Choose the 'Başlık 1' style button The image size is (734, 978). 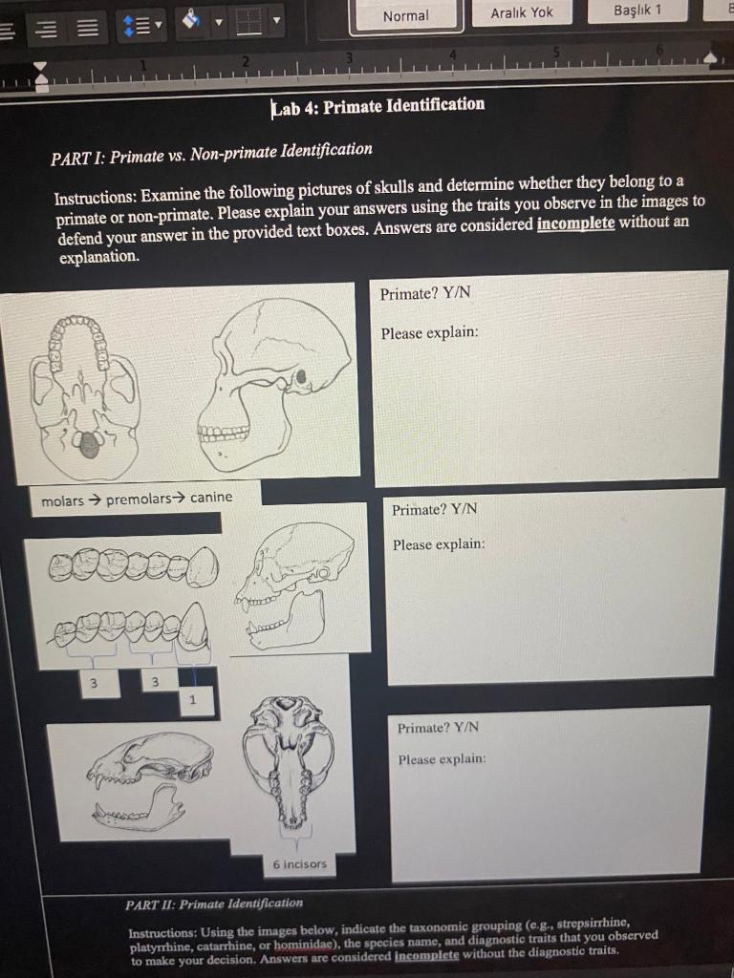tap(637, 11)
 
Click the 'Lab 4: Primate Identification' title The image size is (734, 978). tap(378, 105)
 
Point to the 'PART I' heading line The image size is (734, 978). tap(211, 151)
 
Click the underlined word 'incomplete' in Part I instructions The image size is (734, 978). tap(575, 223)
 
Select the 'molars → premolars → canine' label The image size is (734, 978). tap(137, 499)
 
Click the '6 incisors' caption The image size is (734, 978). tap(299, 864)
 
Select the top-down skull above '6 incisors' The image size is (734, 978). tap(289, 759)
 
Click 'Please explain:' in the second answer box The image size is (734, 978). tap(439, 544)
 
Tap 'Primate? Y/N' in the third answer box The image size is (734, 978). tap(438, 728)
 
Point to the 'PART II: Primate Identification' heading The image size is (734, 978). tap(214, 904)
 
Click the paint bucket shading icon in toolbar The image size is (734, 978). tap(189, 20)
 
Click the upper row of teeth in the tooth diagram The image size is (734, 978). tap(134, 564)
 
